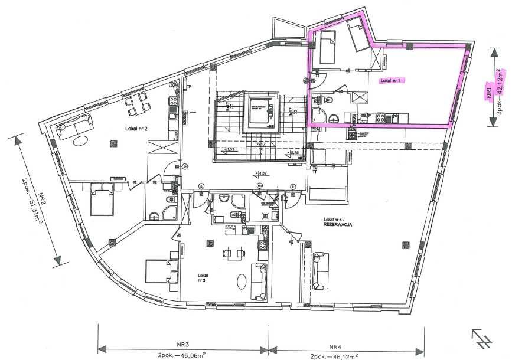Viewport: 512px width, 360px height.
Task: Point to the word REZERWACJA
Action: pos(338,225)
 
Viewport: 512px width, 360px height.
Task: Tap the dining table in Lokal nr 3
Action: pos(233,254)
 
